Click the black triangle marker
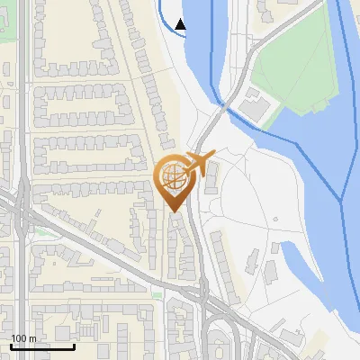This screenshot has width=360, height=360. coord(181,24)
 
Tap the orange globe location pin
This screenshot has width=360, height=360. coord(174,180)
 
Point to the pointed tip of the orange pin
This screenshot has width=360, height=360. coord(174,211)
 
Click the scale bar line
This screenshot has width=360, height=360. coord(41,346)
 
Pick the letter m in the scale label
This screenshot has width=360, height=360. coord(32,338)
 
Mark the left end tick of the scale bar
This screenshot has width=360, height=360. coord(10,346)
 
